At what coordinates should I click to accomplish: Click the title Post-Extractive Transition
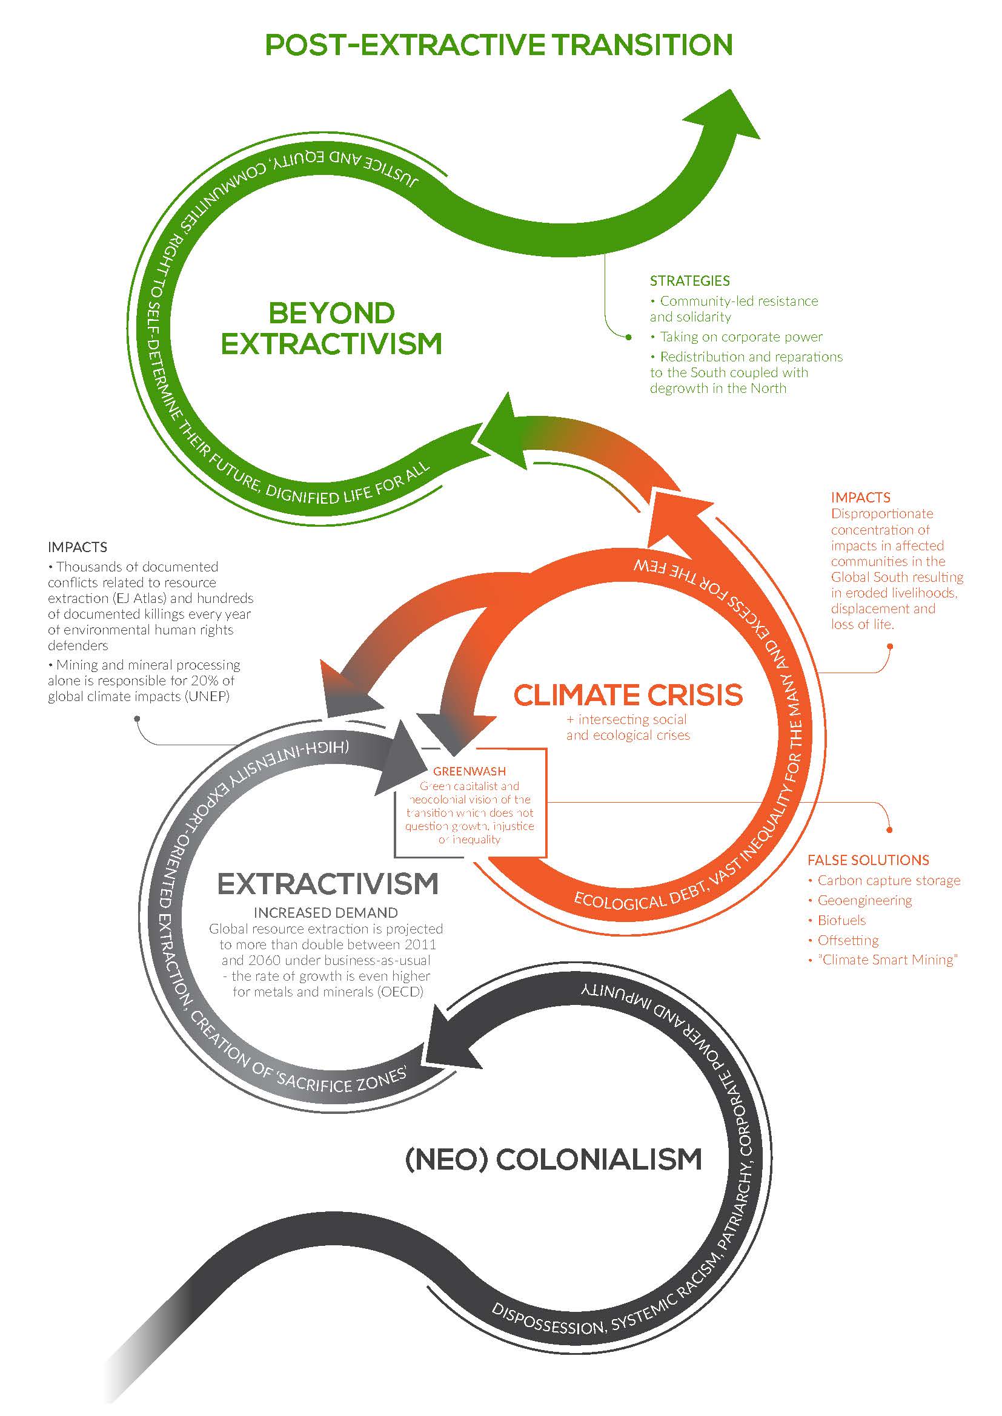[x=499, y=45]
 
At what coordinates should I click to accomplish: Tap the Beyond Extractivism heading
[x=332, y=329]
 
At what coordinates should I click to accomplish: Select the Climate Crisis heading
[x=628, y=695]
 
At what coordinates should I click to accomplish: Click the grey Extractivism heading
[x=328, y=884]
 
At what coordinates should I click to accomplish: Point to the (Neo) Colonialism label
[x=554, y=1159]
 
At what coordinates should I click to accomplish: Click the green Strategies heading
[x=689, y=282]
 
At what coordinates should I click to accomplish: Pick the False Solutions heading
[x=868, y=860]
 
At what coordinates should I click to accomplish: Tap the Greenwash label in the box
[x=469, y=771]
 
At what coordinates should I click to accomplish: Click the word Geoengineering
[x=864, y=900]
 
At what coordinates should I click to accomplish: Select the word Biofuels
[x=841, y=920]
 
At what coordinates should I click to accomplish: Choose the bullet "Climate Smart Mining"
[x=888, y=960]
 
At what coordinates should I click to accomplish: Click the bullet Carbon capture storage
[x=889, y=881]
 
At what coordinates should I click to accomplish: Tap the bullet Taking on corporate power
[x=741, y=337]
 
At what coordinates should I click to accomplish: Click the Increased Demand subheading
[x=326, y=913]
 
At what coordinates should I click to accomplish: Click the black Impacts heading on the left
[x=77, y=547]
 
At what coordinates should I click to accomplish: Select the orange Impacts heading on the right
[x=860, y=498]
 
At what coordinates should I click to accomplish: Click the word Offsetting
[x=848, y=940]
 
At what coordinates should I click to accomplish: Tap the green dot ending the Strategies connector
[x=629, y=337]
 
